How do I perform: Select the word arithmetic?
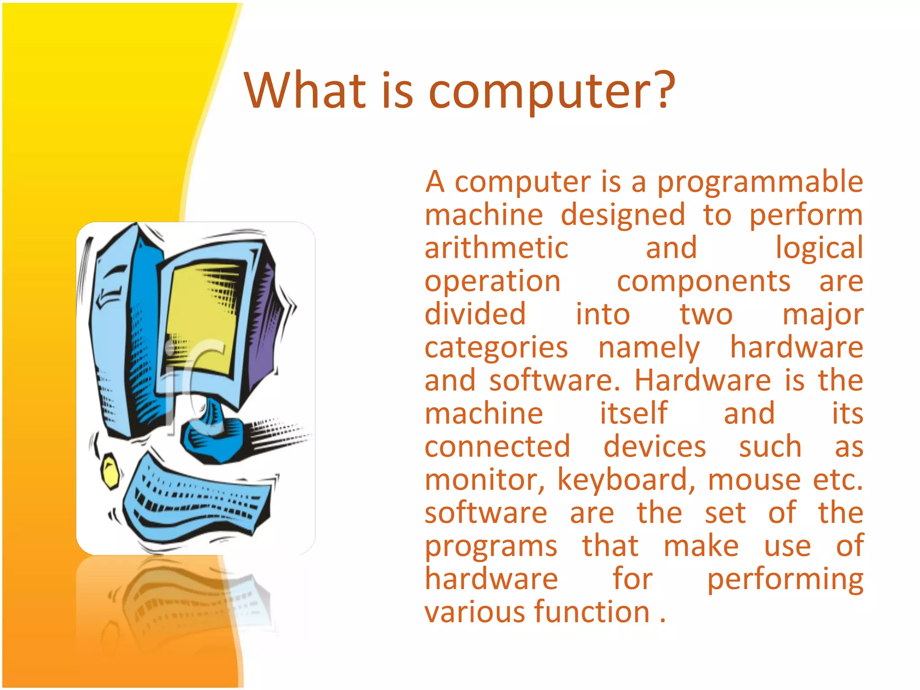(x=496, y=248)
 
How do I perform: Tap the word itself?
(x=633, y=413)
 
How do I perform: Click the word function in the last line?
(x=592, y=612)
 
